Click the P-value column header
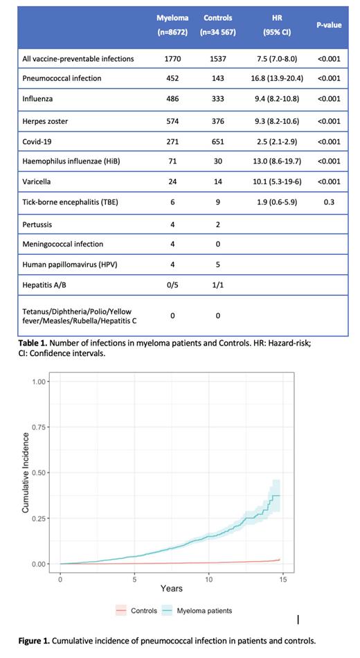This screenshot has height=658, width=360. pyautogui.click(x=328, y=24)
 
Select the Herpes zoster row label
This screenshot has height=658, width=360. pyautogui.click(x=46, y=121)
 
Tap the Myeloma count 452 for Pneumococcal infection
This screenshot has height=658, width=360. pyautogui.click(x=172, y=78)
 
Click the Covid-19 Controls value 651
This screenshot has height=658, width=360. pyautogui.click(x=217, y=141)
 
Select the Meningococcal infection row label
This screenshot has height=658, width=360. pyautogui.click(x=62, y=244)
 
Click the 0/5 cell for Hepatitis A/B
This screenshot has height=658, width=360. pyautogui.click(x=172, y=285)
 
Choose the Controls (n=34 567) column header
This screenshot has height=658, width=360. pyautogui.click(x=217, y=24)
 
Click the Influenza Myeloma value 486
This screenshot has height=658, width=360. pyautogui.click(x=172, y=99)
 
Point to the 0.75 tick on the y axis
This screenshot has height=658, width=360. pyautogui.click(x=40, y=427)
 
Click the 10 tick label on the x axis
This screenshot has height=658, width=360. pyautogui.click(x=209, y=578)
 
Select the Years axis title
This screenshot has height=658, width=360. pyautogui.click(x=171, y=589)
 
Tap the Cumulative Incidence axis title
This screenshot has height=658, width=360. pyautogui.click(x=26, y=472)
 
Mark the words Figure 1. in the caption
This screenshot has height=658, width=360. pyautogui.click(x=36, y=641)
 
